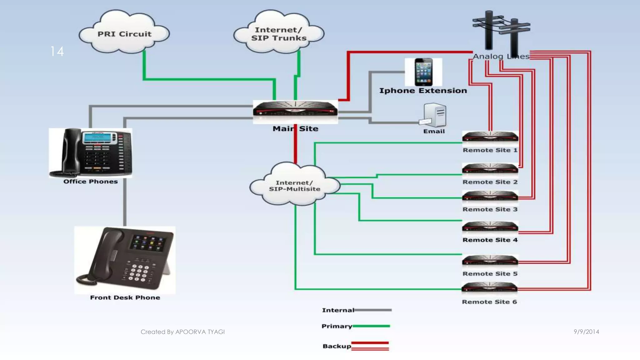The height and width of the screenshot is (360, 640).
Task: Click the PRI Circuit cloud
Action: (x=124, y=33)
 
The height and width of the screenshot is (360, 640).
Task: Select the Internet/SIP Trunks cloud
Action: (x=278, y=33)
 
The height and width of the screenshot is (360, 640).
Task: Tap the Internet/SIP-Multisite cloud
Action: (x=294, y=185)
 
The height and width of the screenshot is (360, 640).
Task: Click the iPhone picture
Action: (x=423, y=72)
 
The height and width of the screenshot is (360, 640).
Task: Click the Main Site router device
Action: (x=295, y=111)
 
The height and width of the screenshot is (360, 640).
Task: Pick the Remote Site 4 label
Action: (x=490, y=240)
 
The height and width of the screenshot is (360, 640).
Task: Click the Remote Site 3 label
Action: (x=490, y=209)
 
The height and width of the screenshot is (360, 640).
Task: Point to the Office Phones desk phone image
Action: (x=91, y=152)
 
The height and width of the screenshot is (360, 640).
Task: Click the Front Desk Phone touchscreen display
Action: (x=148, y=243)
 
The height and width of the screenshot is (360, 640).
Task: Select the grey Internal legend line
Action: (x=373, y=310)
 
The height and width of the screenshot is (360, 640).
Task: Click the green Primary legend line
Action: (x=371, y=326)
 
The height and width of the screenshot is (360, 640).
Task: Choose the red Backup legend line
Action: (x=370, y=346)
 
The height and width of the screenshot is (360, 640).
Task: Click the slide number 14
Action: (x=57, y=51)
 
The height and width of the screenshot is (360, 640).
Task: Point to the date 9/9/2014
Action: (x=586, y=332)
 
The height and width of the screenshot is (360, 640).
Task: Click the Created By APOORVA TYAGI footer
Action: (x=182, y=332)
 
